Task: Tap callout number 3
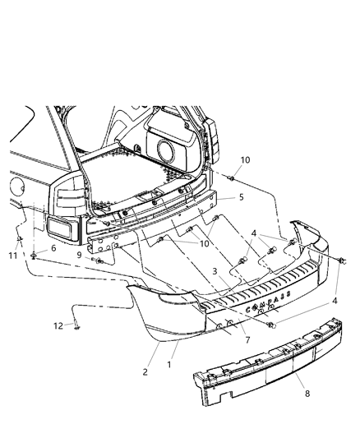pyautogui.click(x=215, y=270)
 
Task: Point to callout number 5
pyautogui.click(x=240, y=198)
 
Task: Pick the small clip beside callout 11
pyautogui.click(x=19, y=240)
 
